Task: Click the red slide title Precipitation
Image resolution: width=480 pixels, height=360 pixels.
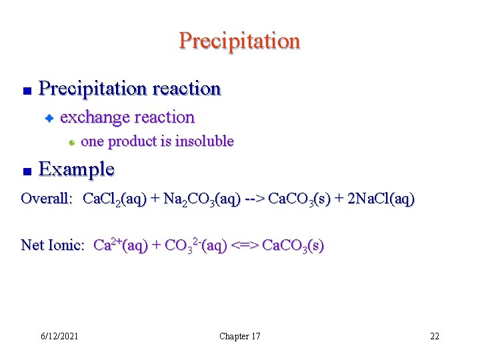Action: tap(239, 41)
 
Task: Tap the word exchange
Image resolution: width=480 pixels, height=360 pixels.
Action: tap(93, 117)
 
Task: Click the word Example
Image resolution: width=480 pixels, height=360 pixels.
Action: tap(77, 169)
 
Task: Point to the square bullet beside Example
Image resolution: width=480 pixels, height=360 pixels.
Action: tap(26, 171)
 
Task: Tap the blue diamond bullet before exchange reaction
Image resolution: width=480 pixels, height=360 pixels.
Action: tap(49, 119)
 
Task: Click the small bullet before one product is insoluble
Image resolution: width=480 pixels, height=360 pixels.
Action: tap(71, 143)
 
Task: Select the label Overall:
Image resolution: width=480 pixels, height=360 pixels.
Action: tap(47, 198)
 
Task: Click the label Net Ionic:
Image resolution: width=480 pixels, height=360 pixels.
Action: tap(53, 245)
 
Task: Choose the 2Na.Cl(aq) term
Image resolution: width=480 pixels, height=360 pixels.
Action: tap(379, 199)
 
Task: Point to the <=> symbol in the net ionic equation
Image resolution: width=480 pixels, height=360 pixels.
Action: tap(245, 245)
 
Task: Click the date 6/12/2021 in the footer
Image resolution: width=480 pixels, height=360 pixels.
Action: tap(59, 336)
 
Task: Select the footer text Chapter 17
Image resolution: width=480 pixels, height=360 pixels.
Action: tap(240, 336)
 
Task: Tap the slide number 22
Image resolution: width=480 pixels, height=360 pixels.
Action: tap(434, 336)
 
